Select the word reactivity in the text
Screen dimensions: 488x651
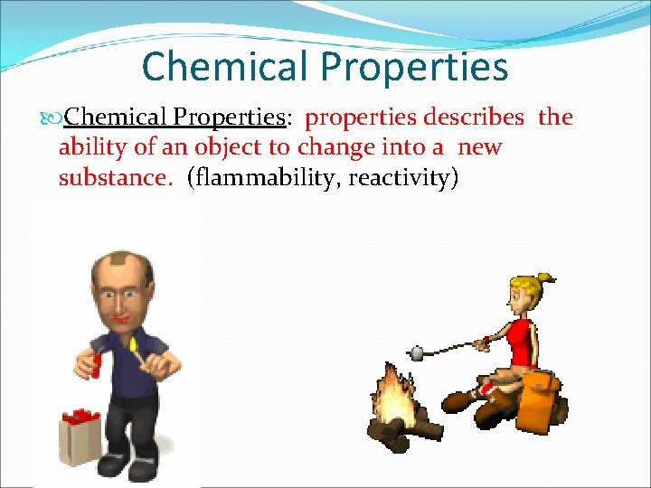coord(406,178)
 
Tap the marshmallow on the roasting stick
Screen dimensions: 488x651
coord(416,352)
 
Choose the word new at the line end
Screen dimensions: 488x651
coord(480,147)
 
